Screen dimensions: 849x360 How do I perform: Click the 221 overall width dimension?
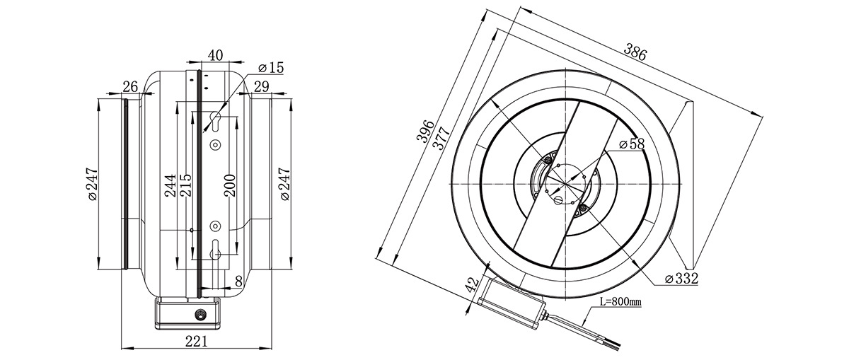coord(197,342)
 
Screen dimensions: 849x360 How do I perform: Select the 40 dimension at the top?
coord(215,55)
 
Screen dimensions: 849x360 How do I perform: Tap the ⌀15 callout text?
coord(270,68)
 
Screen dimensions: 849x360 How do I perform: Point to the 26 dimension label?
coord(130,87)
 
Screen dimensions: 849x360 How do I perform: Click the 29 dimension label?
coord(262,87)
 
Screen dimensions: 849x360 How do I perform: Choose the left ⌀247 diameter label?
coord(93,184)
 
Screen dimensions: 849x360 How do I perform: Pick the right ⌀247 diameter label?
coord(284,184)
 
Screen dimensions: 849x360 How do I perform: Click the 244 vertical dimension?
coord(171,185)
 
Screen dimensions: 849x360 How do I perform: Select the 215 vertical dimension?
coord(185,185)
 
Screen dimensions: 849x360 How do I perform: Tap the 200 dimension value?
coord(230,185)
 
